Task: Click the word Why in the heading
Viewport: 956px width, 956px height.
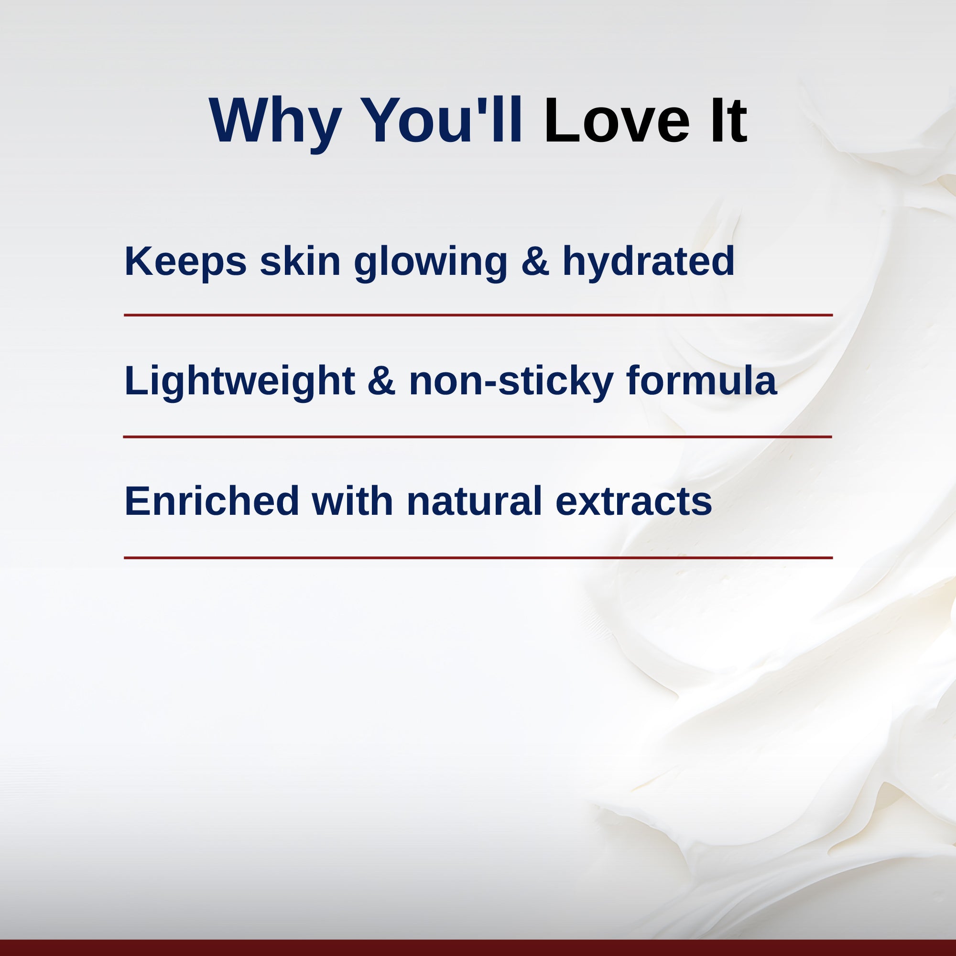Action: point(275,122)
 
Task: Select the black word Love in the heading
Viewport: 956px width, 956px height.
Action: point(616,120)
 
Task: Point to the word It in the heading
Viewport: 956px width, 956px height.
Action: point(729,120)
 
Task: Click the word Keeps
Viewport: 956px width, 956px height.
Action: point(185,262)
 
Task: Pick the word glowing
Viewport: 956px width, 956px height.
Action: point(431,262)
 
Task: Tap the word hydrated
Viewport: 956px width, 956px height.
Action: point(648,262)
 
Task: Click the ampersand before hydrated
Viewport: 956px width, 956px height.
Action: point(535,261)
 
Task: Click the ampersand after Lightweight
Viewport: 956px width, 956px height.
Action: point(381,380)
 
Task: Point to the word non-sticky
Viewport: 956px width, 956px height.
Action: point(511,381)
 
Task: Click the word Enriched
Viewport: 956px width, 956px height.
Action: point(212,501)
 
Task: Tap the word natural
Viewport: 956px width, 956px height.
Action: point(475,501)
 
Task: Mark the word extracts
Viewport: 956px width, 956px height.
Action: point(633,503)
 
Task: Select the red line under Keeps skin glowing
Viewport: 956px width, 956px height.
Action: point(478,315)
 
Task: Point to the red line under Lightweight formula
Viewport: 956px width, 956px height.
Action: point(478,437)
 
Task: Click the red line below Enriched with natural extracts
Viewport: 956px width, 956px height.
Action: point(478,558)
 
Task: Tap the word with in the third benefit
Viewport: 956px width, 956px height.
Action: point(352,501)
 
